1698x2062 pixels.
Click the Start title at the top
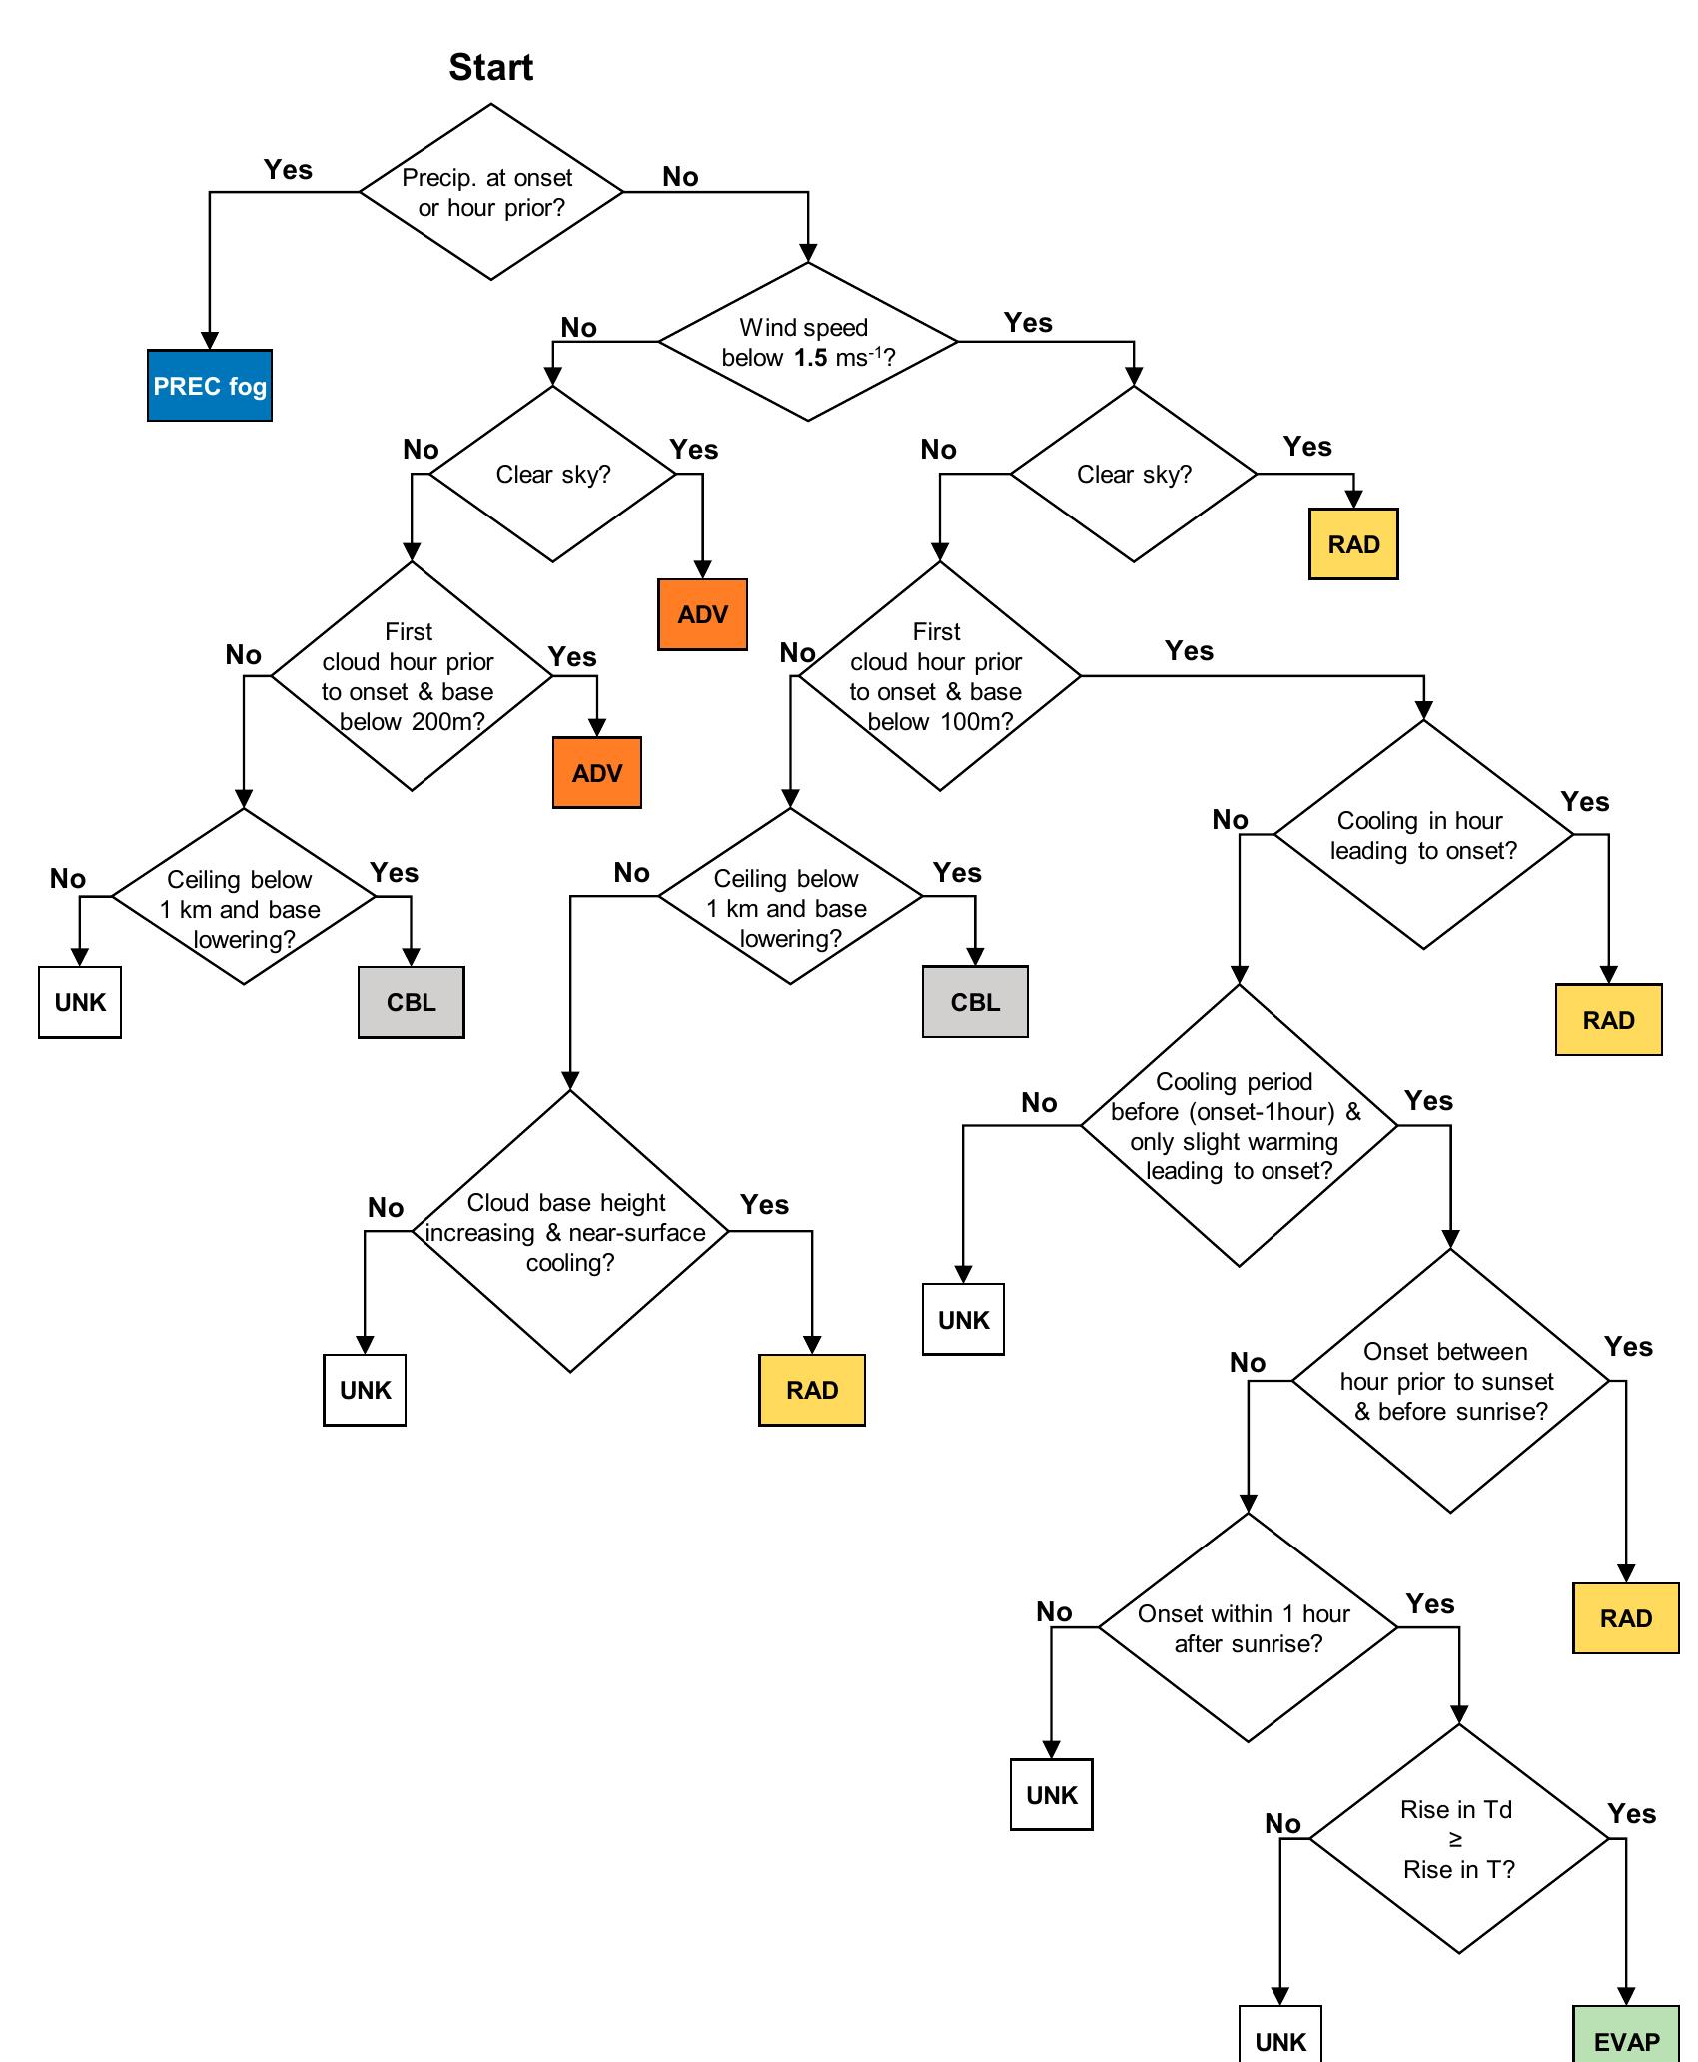tap(490, 67)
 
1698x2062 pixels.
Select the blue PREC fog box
tap(210, 386)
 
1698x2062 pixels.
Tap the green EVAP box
tap(1626, 2040)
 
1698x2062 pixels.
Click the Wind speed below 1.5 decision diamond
tap(808, 342)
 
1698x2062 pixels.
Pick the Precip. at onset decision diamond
tap(490, 192)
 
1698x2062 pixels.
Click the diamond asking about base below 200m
tap(412, 676)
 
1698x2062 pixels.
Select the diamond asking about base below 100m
tap(939, 676)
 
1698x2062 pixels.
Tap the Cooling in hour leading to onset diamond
tap(1423, 835)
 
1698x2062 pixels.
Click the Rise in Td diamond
tap(1458, 1839)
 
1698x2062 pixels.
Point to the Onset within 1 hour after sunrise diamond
tap(1248, 1628)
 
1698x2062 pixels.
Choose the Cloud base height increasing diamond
tap(569, 1232)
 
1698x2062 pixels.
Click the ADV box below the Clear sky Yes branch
tap(702, 614)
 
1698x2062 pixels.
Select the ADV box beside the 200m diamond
tap(597, 773)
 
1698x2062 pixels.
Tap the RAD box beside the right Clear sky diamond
tap(1353, 544)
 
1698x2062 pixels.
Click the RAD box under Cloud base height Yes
tap(812, 1390)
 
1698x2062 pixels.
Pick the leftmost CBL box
tap(412, 1002)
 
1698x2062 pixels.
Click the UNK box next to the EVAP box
tap(1280, 2040)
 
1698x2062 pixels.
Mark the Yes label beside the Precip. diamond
tap(288, 169)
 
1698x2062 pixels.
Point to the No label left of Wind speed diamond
tap(578, 327)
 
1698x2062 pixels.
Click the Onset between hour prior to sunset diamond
tap(1450, 1382)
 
